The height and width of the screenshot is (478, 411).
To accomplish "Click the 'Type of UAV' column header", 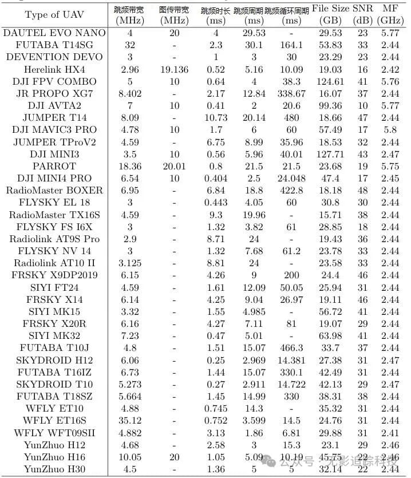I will click(53, 15).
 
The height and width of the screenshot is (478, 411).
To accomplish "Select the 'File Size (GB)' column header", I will click(330, 15).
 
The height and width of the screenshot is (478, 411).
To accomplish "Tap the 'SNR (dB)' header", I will click(362, 15).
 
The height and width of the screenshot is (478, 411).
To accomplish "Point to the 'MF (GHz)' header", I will click(390, 15).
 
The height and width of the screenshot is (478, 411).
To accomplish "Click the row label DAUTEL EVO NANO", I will click(53, 33).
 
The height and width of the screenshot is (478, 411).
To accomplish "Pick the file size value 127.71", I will click(330, 154).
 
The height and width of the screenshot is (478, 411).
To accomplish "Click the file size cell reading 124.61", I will click(330, 81).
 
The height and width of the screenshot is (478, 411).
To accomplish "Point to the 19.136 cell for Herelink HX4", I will click(174, 69).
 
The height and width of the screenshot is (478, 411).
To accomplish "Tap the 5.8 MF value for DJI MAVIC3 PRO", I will click(390, 130).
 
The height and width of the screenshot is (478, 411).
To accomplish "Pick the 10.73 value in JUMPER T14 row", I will click(216, 118).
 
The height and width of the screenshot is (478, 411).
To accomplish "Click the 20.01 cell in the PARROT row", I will click(174, 166).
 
